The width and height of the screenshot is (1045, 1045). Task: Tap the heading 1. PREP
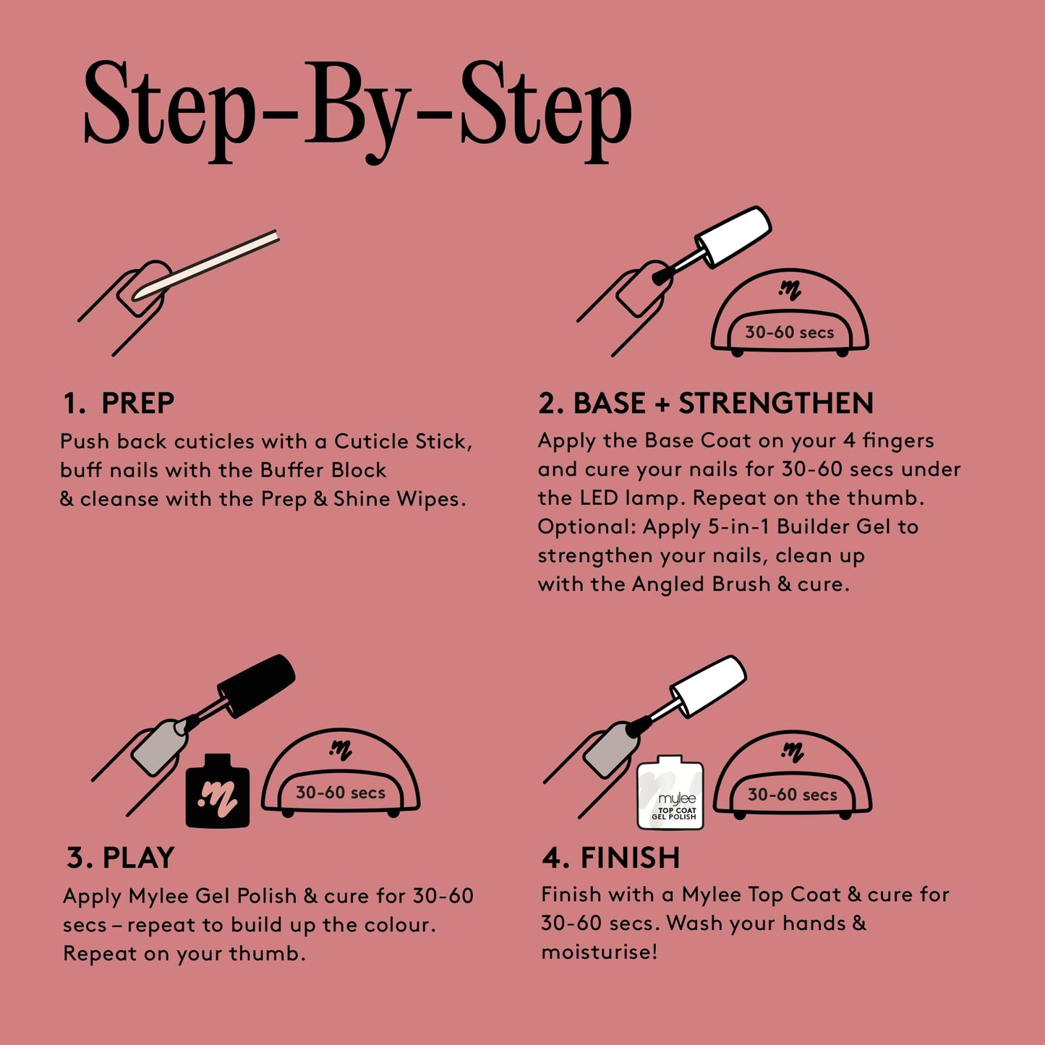click(119, 404)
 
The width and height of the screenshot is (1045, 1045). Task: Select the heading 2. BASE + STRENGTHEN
click(706, 404)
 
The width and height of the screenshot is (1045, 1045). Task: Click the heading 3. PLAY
click(121, 858)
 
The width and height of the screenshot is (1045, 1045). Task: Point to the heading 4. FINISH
click(611, 858)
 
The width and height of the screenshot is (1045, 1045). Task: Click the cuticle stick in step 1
click(210, 264)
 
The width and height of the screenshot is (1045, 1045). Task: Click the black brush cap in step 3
click(257, 685)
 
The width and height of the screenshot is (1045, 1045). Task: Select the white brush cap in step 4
click(708, 686)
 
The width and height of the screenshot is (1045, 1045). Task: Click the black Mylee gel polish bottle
click(218, 793)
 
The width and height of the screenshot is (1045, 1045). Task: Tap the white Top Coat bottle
click(670, 794)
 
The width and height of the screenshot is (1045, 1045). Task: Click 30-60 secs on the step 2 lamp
click(790, 333)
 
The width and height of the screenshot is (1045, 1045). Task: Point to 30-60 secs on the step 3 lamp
click(341, 793)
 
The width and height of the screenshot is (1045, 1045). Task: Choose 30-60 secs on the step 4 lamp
click(793, 794)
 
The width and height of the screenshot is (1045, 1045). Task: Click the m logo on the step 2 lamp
click(790, 291)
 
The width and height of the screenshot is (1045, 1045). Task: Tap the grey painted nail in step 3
click(155, 747)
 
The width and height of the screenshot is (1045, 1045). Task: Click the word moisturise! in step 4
click(600, 952)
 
